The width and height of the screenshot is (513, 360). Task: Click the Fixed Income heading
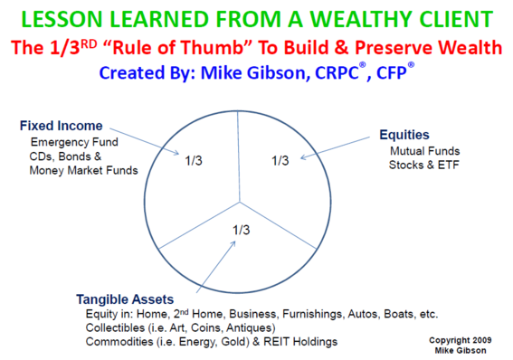tap(62, 126)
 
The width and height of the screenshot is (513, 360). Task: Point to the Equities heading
tap(404, 135)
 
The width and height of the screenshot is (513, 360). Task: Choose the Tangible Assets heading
tap(125, 299)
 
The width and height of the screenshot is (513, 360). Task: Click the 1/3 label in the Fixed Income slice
tap(194, 161)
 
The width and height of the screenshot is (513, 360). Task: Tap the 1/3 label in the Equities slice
tap(280, 161)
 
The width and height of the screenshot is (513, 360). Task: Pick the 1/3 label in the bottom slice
tap(242, 230)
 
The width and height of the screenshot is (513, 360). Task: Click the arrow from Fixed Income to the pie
tap(144, 141)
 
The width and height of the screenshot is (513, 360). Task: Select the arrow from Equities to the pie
tap(335, 147)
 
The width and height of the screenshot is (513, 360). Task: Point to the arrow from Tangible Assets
tap(216, 267)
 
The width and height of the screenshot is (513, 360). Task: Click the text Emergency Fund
tap(74, 142)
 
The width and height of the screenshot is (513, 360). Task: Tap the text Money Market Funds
tap(84, 170)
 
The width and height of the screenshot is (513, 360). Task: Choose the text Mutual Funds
tap(425, 151)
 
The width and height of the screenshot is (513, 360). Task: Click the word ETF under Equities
tap(449, 165)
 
